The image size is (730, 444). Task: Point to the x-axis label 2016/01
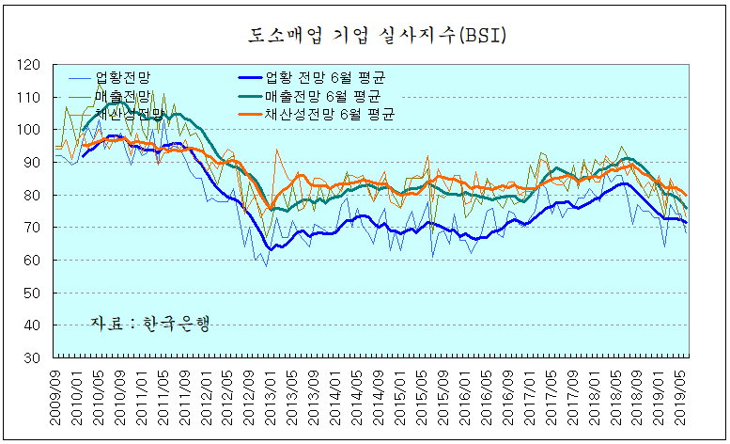(466, 394)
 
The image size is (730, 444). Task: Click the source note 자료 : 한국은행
(149, 323)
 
